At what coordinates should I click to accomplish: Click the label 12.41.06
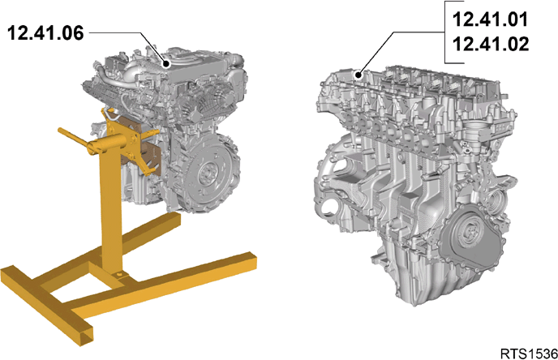(x=45, y=33)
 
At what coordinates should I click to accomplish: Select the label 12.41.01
(x=491, y=19)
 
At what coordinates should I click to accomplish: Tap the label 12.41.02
(x=491, y=44)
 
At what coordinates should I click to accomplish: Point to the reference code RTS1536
(x=529, y=354)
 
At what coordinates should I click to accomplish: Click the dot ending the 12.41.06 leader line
(x=165, y=64)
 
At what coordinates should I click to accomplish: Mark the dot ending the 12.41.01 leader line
(x=359, y=75)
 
